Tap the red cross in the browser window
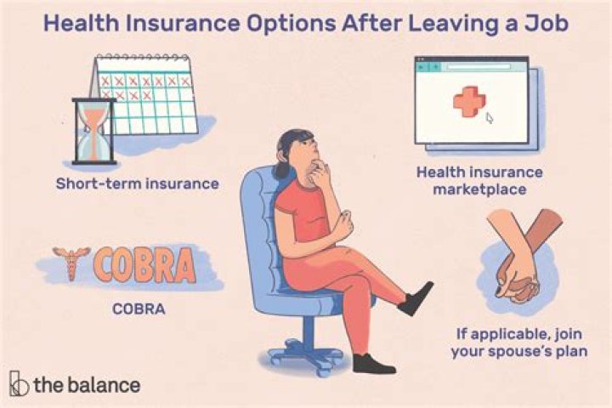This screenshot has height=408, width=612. click(466, 102)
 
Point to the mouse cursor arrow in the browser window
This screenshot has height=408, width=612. click(490, 119)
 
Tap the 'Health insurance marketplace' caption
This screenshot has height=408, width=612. click(479, 180)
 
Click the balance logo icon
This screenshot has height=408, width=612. click(19, 384)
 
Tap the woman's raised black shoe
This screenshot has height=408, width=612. click(416, 297)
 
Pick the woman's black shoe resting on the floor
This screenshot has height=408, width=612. click(373, 363)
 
